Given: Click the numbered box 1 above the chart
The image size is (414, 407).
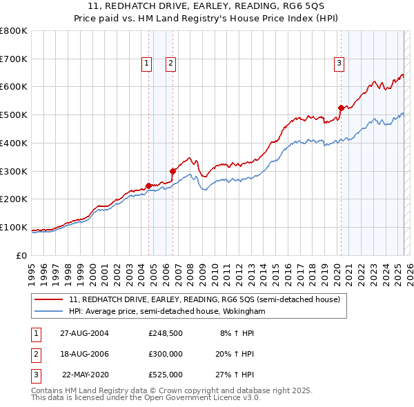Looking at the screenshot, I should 147,64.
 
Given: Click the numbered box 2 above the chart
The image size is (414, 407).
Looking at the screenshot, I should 170,64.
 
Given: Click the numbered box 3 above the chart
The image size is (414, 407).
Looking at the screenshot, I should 339,64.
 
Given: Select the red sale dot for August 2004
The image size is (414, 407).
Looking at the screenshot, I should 148,186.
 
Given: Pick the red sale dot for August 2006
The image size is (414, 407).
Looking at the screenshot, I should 172,171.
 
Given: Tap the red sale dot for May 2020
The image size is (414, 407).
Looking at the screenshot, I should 341,108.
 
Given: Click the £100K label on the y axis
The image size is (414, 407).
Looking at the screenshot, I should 14,227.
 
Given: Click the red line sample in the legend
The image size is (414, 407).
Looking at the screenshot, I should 49,300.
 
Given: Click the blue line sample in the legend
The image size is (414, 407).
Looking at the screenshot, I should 49,312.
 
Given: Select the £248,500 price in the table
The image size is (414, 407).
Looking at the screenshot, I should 166,333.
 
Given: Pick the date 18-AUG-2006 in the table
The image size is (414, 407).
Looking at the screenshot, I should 85,354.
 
